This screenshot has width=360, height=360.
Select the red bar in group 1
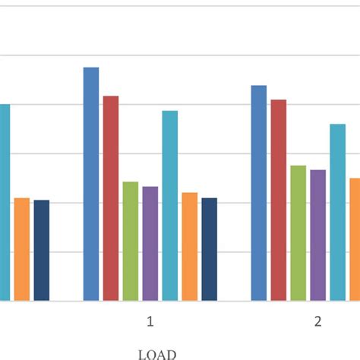111,198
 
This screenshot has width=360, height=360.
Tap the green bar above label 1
131,242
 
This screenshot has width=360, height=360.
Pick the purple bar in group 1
150,244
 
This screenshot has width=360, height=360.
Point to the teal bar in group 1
170,206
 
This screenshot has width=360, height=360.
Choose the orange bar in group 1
189,247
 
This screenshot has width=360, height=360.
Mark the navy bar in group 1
209,249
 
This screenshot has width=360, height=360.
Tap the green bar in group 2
298,233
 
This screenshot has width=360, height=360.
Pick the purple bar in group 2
317,235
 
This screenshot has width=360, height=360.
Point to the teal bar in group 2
337,213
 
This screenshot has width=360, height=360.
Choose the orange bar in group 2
354,239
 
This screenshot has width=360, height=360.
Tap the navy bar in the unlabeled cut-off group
42,251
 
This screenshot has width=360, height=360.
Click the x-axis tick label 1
150,321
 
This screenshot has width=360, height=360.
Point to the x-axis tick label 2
318,321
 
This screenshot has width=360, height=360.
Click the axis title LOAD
157,354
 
